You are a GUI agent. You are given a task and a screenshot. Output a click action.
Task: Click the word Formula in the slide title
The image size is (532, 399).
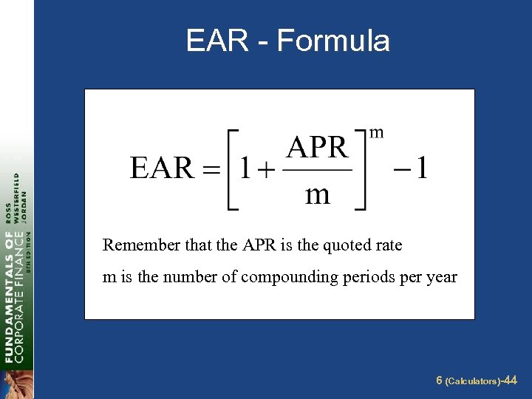point(333,41)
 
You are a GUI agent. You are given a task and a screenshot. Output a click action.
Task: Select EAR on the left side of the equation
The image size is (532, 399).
point(162,168)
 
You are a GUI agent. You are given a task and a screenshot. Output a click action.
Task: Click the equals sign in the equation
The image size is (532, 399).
point(212,170)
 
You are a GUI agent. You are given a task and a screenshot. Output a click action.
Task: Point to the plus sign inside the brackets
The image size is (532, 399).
point(266,170)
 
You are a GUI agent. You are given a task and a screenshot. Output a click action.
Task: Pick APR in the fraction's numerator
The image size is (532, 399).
point(317,148)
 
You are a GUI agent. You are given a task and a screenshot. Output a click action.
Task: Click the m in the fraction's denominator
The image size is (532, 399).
point(318,194)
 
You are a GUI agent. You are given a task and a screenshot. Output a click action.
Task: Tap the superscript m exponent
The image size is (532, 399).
point(377,132)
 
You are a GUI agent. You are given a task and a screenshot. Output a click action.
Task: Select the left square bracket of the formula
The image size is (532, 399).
point(231,170)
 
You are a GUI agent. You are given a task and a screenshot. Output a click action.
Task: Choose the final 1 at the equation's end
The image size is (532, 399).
point(420,168)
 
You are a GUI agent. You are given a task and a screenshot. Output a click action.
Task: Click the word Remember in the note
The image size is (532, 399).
point(134,245)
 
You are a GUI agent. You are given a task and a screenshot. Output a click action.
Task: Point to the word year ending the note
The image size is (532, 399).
point(442,278)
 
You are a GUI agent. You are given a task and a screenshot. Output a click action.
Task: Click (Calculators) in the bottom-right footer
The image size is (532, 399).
point(472,381)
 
